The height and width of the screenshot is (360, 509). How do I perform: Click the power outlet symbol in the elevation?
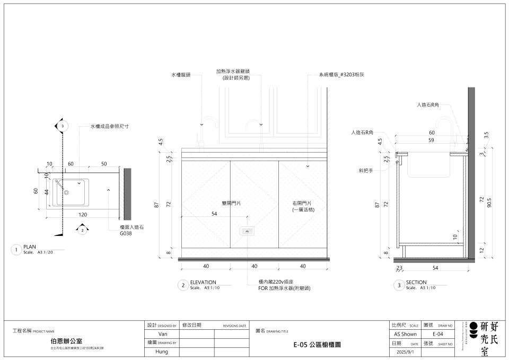click(x=247, y=231)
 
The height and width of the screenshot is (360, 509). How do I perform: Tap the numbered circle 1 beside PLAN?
click(x=16, y=250)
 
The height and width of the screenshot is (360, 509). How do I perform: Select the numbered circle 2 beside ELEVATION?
click(x=183, y=285)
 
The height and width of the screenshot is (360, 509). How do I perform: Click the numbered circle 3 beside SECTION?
click(x=399, y=285)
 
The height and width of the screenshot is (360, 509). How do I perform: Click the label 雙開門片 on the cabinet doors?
click(x=231, y=203)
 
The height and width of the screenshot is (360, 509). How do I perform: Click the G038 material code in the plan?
click(x=125, y=233)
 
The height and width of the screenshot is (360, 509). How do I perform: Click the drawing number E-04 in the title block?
click(x=438, y=334)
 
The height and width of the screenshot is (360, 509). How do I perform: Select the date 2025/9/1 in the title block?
click(x=405, y=352)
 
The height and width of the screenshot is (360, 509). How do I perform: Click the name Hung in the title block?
click(x=163, y=352)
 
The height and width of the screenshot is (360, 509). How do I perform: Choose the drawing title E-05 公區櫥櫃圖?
click(x=317, y=344)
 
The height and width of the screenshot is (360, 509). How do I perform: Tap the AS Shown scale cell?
click(x=405, y=334)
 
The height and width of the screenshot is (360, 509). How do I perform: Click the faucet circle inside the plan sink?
click(x=67, y=191)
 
